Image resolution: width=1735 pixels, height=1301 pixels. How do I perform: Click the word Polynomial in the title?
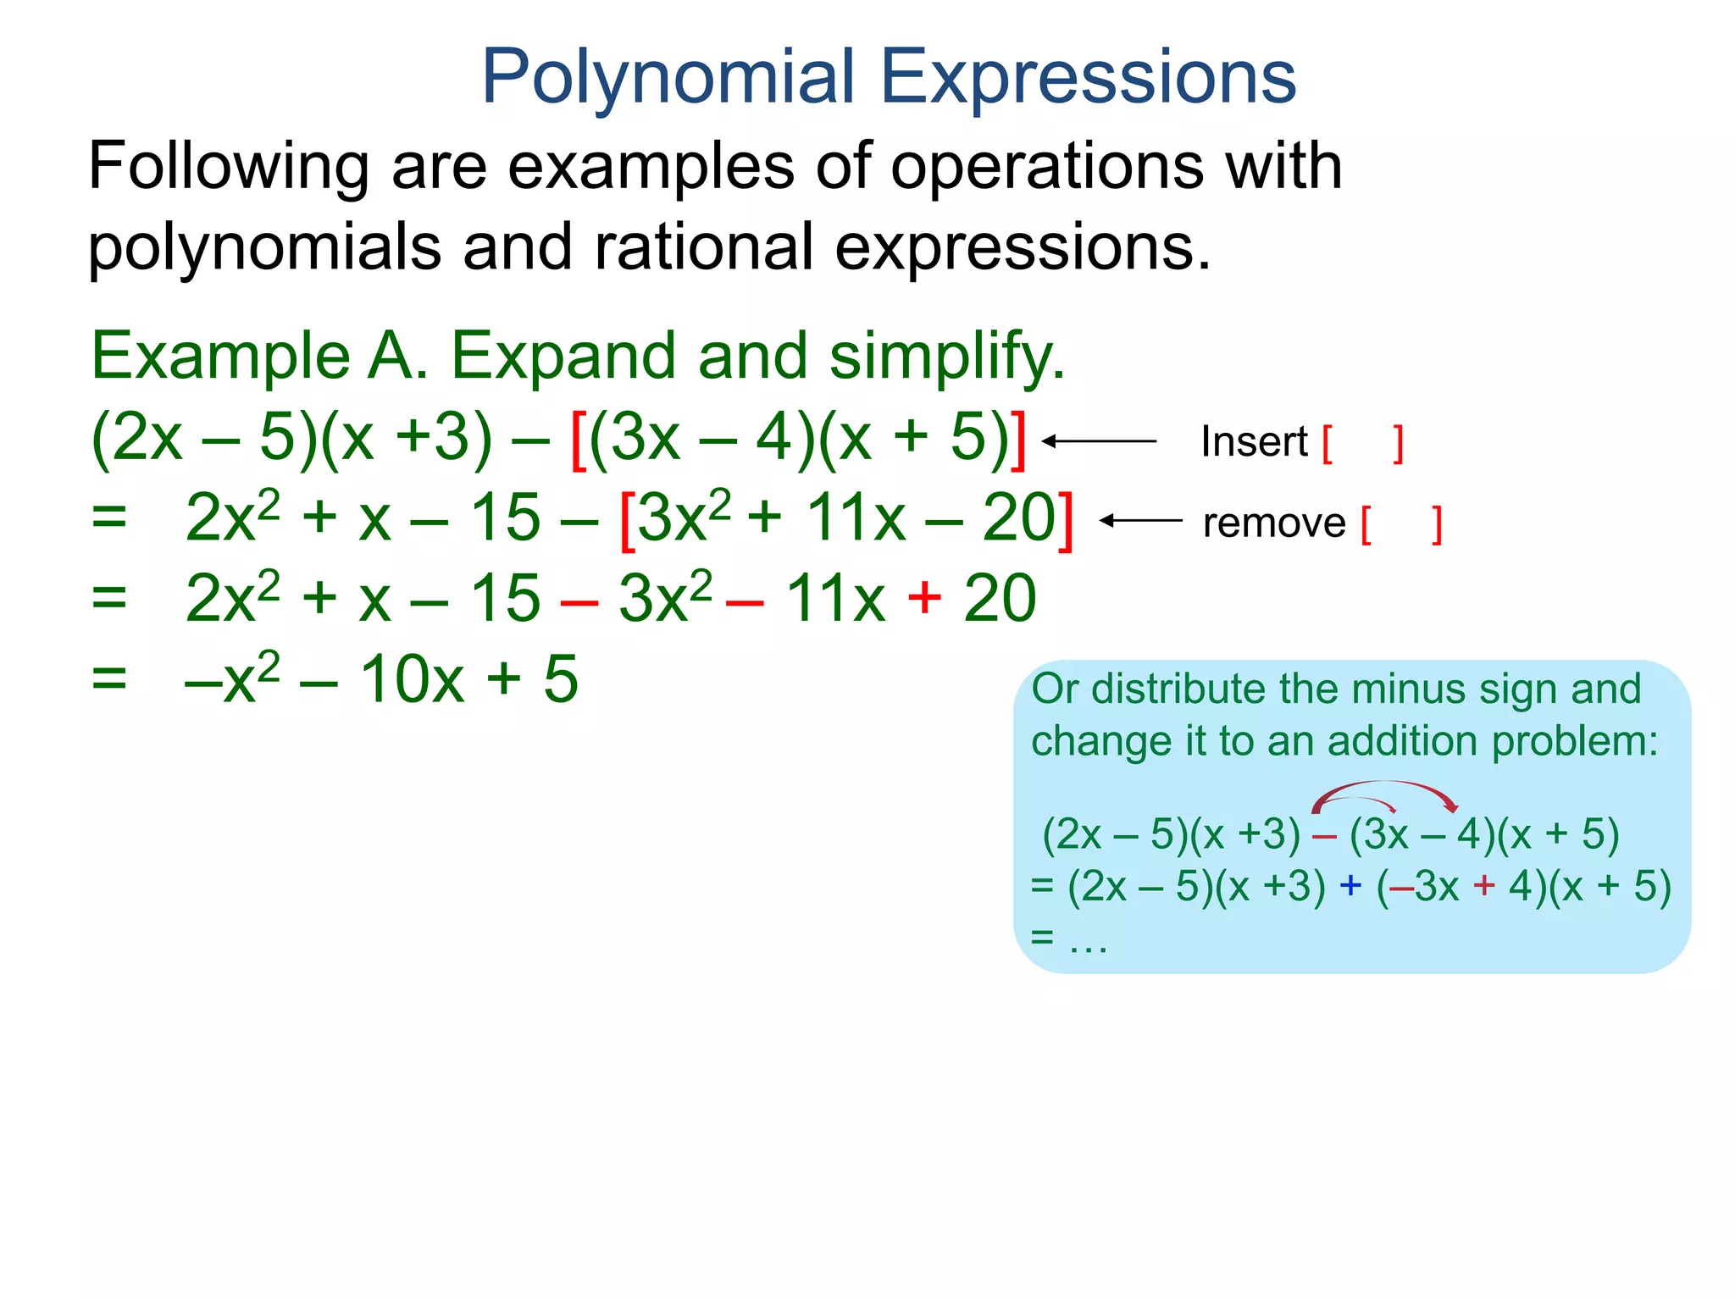pos(668,78)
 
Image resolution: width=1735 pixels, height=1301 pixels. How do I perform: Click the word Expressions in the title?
pos(1089,78)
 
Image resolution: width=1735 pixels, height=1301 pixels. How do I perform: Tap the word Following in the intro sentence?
pos(228,166)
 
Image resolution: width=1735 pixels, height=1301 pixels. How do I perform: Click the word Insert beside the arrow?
pos(1254,442)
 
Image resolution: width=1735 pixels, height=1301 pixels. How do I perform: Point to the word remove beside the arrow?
pos(1273,523)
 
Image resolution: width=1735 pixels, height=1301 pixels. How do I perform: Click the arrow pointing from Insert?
pos(1099,441)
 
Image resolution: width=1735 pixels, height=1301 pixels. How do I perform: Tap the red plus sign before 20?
pos(924,597)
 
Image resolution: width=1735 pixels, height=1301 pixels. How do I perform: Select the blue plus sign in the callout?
pos(1350,885)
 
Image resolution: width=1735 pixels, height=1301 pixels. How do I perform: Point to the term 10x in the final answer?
pos(412,679)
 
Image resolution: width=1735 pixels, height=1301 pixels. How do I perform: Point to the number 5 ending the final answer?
pos(560,679)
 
